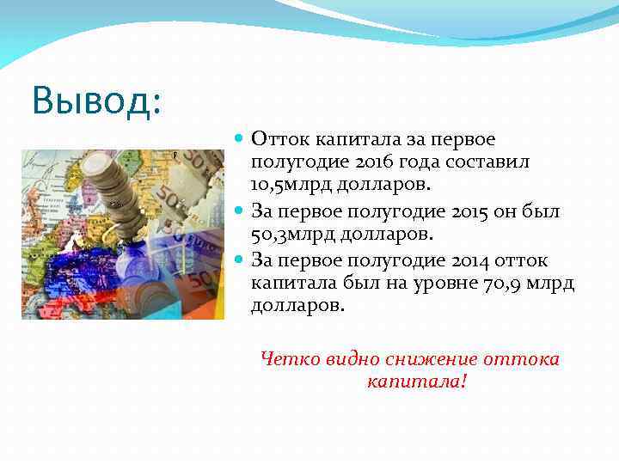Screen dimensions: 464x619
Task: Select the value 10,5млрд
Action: point(297,186)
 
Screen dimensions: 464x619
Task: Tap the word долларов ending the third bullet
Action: point(297,306)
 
